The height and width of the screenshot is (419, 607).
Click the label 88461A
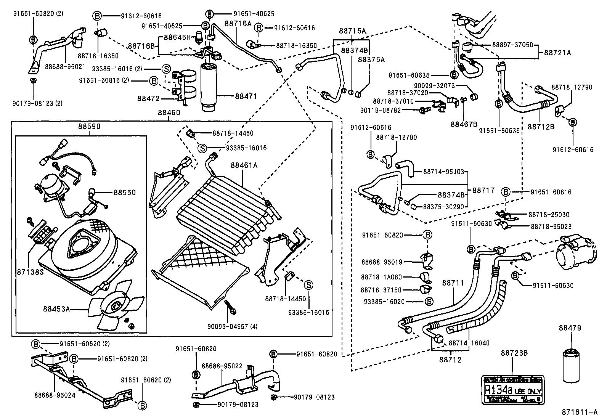coord(244,165)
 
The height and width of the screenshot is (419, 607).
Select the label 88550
coord(124,193)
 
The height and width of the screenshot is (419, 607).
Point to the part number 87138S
coord(29,272)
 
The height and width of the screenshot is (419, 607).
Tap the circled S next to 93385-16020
coord(428,302)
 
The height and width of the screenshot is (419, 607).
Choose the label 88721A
coord(557,53)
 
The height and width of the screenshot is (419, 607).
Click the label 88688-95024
coord(55,395)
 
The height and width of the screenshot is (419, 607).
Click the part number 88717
coord(483,189)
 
